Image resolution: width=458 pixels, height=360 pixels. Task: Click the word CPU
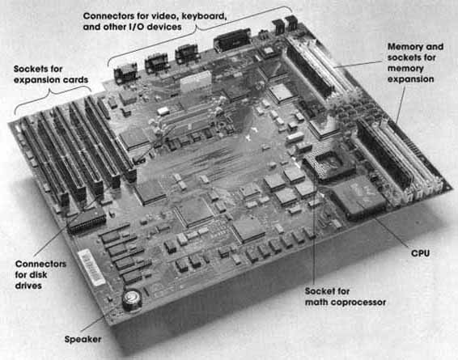tap(420, 253)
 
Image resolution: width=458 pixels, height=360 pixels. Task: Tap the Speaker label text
tap(83, 340)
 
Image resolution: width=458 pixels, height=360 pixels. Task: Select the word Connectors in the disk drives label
tap(40, 264)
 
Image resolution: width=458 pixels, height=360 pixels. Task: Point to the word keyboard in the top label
tap(204, 16)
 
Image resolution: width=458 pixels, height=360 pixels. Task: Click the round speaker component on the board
tap(132, 300)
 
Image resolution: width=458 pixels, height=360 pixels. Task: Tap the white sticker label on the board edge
tap(91, 267)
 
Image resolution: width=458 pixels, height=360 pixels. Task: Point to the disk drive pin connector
tap(87, 221)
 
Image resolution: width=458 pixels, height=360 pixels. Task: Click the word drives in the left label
tap(28, 286)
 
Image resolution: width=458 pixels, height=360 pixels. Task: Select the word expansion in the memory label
tap(410, 79)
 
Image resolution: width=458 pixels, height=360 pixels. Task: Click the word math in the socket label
tap(314, 303)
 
